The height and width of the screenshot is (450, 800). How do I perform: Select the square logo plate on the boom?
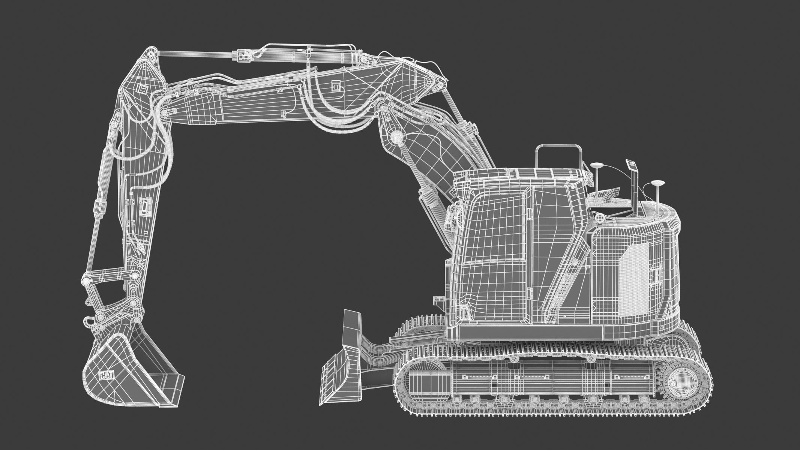[336, 86]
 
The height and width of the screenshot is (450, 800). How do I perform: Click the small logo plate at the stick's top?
[142, 88]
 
